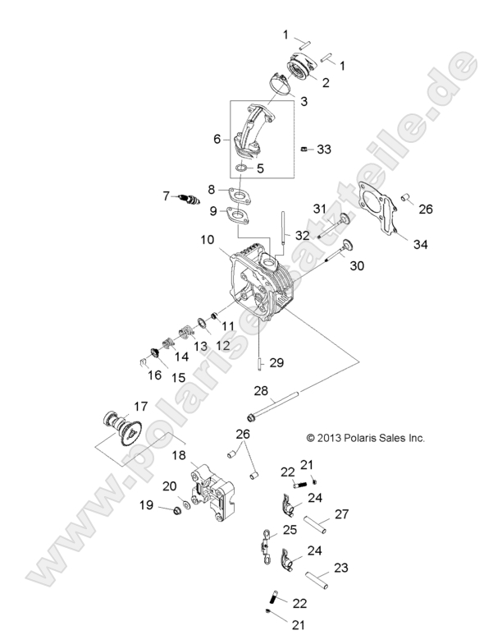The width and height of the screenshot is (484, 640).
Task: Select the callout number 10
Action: click(206, 241)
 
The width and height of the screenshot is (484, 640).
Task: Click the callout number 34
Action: click(421, 244)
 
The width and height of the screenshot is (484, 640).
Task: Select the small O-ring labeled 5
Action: click(240, 169)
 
